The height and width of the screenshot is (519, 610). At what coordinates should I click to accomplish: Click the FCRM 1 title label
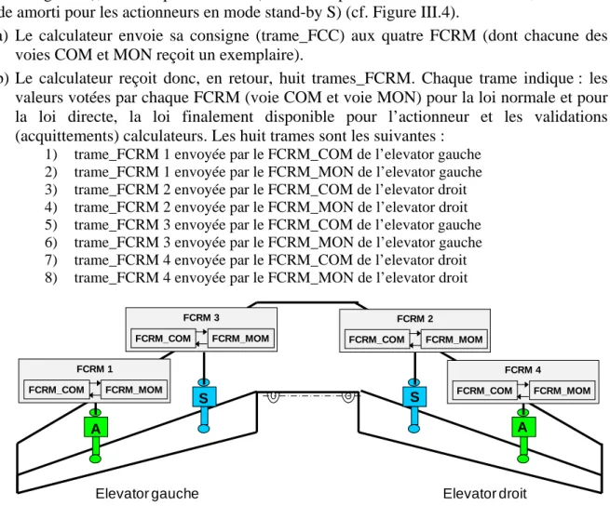pos(95,368)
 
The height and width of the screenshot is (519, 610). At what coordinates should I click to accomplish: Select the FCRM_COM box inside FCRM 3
pos(163,339)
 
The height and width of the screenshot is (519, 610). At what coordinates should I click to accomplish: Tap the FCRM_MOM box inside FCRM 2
pos(454,339)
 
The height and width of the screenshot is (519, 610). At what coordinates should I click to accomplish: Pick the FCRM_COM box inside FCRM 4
pos(484,391)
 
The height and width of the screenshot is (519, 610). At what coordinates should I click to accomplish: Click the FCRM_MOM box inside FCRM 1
pos(134,390)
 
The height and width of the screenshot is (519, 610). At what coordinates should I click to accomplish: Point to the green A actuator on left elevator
pos(95,435)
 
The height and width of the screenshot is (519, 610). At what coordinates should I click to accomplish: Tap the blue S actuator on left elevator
pos(204,406)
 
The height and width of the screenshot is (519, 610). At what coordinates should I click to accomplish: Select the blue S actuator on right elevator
pos(414,406)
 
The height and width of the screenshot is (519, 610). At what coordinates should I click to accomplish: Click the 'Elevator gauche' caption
pos(147,493)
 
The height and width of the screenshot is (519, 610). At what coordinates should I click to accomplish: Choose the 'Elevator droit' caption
pos(484,493)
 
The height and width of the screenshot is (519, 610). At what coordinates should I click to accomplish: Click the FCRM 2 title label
pos(414,318)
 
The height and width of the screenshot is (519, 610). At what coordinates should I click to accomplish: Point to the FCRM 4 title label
pos(522,369)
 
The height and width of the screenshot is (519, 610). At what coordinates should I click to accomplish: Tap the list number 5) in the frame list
pos(51,225)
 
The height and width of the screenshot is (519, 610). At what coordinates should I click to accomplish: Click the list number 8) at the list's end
pos(51,278)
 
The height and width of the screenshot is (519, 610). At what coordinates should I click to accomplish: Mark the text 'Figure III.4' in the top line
pos(413,12)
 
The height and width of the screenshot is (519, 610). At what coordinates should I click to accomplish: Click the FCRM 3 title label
pos(201,317)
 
